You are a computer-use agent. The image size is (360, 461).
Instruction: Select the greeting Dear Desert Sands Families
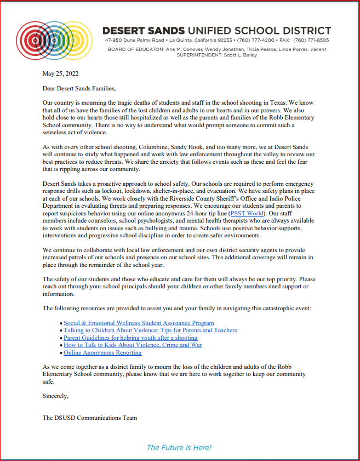point(79,88)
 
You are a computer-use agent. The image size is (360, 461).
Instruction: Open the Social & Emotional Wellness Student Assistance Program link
point(139,323)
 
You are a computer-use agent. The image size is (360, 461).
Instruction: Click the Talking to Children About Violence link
point(150,330)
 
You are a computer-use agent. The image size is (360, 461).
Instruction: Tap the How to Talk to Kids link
point(133,345)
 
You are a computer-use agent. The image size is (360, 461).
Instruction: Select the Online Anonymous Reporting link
point(102,352)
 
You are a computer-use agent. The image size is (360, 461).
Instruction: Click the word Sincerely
point(55,395)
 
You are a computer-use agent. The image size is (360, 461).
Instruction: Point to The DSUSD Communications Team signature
point(90,418)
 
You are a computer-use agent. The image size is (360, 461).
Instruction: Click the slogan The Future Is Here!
point(179,448)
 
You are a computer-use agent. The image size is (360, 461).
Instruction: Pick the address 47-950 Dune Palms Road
point(135,41)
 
